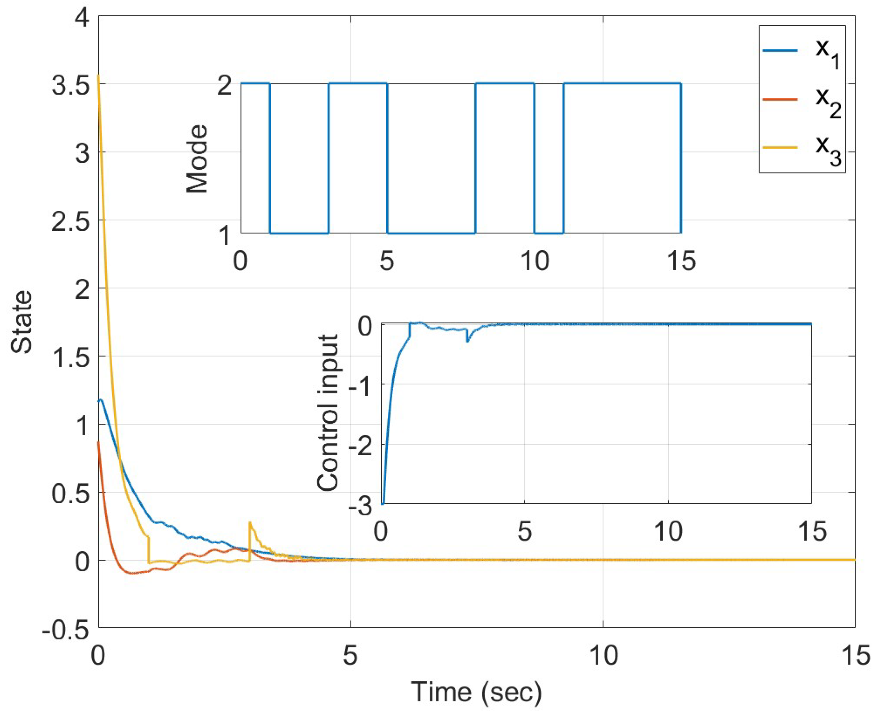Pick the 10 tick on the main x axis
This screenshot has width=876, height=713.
pyautogui.click(x=603, y=655)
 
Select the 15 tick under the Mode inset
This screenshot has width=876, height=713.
pyautogui.click(x=682, y=260)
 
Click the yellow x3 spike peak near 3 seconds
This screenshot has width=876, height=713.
pyautogui.click(x=249, y=522)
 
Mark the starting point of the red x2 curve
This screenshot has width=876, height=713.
pyautogui.click(x=99, y=442)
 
